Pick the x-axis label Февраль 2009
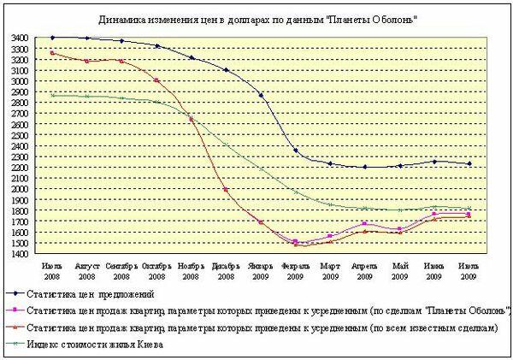click(295, 271)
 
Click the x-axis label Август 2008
click(87, 271)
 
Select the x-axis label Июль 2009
click(467, 271)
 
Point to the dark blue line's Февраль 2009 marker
click(296, 150)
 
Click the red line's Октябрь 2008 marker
click(156, 80)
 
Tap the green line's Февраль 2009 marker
click(296, 192)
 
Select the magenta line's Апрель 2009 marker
click(365, 224)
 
